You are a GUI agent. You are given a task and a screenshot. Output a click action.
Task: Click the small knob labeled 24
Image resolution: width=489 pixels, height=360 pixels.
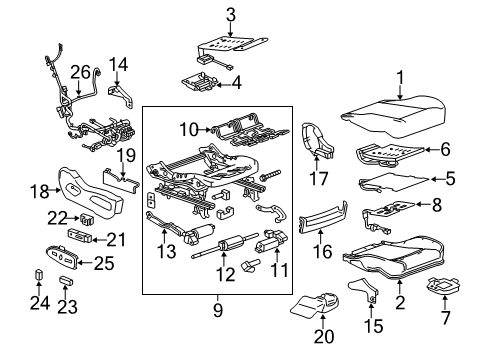pos(40,276)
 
